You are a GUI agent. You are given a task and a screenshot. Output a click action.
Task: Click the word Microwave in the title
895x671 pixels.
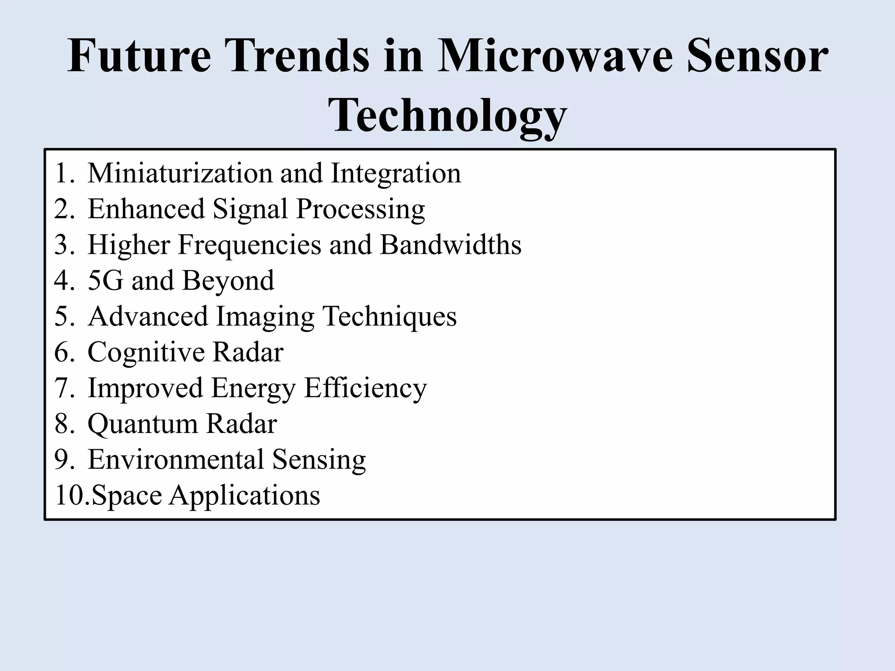(557, 57)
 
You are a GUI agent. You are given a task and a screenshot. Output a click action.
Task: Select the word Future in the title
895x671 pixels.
(139, 57)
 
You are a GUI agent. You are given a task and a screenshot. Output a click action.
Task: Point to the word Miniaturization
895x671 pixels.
(180, 173)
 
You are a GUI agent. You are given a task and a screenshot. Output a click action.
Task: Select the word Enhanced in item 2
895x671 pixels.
(146, 209)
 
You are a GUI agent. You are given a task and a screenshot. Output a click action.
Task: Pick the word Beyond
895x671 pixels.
(228, 280)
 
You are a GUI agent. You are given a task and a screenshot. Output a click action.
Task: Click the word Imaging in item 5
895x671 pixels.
(265, 317)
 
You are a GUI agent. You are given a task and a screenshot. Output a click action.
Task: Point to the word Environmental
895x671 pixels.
(176, 460)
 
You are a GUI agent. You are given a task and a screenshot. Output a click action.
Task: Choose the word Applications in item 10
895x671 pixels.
(245, 495)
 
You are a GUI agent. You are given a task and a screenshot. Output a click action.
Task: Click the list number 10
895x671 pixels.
(70, 495)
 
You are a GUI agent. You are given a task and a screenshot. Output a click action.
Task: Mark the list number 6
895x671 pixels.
(64, 352)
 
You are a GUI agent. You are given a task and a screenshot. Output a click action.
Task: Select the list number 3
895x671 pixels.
(64, 245)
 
